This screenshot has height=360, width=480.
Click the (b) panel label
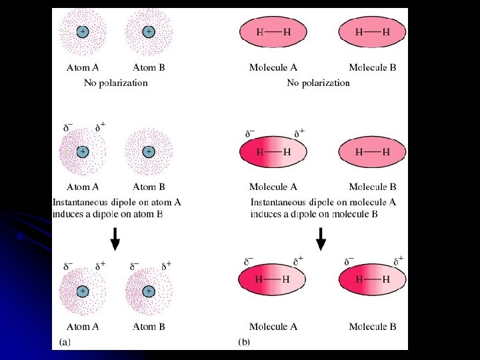coord(244,341)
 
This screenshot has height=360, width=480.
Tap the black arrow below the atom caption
coord(115,239)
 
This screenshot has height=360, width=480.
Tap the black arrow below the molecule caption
coord(321,239)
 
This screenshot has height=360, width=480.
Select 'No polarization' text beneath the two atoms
coord(115,83)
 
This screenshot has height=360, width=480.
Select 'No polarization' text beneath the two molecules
coord(318,83)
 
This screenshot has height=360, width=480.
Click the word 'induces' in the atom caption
coord(69,214)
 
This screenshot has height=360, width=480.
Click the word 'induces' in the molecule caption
coord(267,214)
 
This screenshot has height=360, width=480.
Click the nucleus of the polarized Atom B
coord(149,291)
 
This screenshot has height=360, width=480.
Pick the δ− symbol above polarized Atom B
coord(134,265)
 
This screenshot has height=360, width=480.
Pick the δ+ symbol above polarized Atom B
coord(165,265)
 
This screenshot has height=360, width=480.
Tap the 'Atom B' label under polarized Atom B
coord(149,327)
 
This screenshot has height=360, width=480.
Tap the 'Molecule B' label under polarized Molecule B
coord(372,327)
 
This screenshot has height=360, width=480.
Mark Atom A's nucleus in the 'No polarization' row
coord(83,31)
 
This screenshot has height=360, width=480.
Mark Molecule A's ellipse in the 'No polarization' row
coord(273,31)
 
